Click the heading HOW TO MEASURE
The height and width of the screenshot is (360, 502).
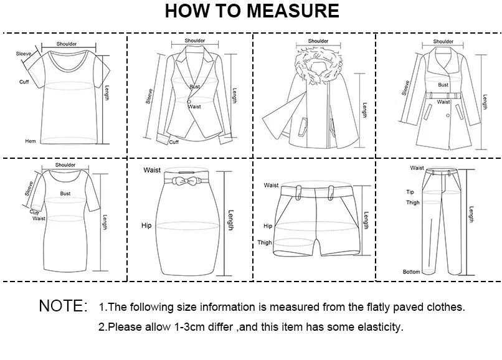point(252,11)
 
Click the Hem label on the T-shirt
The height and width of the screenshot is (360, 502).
point(30,141)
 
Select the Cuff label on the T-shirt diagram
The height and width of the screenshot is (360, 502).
point(24,82)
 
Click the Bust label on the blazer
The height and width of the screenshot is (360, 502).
point(195,87)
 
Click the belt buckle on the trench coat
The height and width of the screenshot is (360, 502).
point(443,95)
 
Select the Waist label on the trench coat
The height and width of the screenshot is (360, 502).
point(443,102)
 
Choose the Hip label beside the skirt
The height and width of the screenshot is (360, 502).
point(146,225)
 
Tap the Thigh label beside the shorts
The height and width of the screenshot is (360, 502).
point(265,242)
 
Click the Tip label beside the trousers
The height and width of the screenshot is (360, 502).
point(410,192)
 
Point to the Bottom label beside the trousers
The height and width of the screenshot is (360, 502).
point(411,272)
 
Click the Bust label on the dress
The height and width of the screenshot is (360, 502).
point(65,194)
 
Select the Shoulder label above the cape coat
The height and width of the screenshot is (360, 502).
point(318,41)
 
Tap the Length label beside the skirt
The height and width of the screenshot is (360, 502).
point(231,220)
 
